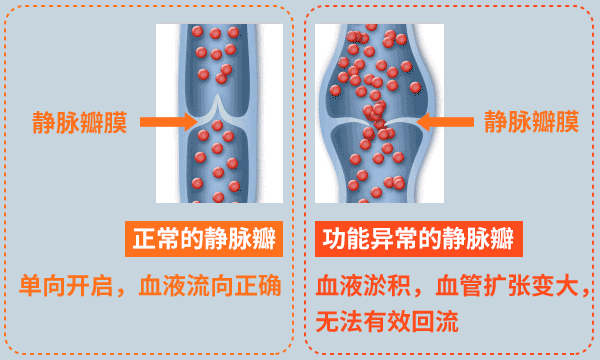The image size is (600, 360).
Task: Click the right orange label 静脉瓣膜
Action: [531, 122]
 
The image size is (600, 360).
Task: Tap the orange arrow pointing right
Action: [167, 122]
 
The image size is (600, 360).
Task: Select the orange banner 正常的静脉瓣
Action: [203, 240]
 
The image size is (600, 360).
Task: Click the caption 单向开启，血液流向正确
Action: [150, 286]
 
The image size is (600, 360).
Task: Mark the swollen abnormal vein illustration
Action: [379, 112]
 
